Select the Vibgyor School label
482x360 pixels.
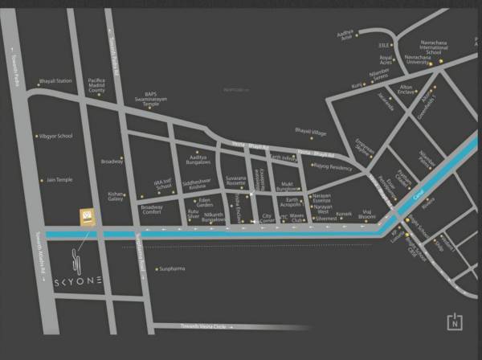pos(55,136)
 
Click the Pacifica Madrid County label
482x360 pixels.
pos(96,86)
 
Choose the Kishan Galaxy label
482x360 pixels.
pos(116,196)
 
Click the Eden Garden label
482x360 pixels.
pos(205,202)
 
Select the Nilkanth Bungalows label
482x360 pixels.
pos(213,218)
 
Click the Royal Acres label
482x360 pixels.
pos(389,60)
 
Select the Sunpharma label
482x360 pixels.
pos(172,268)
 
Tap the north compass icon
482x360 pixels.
pos(455,321)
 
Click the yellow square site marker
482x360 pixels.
pos(85,216)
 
